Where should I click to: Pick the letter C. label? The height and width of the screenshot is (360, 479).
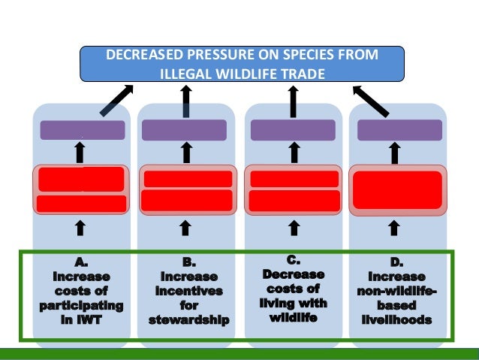pos(294,260)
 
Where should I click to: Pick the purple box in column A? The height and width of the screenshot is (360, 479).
pos(82,130)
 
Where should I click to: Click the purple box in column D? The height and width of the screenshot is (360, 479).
pos(399,130)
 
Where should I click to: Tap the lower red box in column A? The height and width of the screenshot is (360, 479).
pos(82,204)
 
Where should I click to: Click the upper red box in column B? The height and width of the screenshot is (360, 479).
pos(187,179)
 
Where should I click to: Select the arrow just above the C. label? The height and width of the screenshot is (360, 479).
pos(294,226)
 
